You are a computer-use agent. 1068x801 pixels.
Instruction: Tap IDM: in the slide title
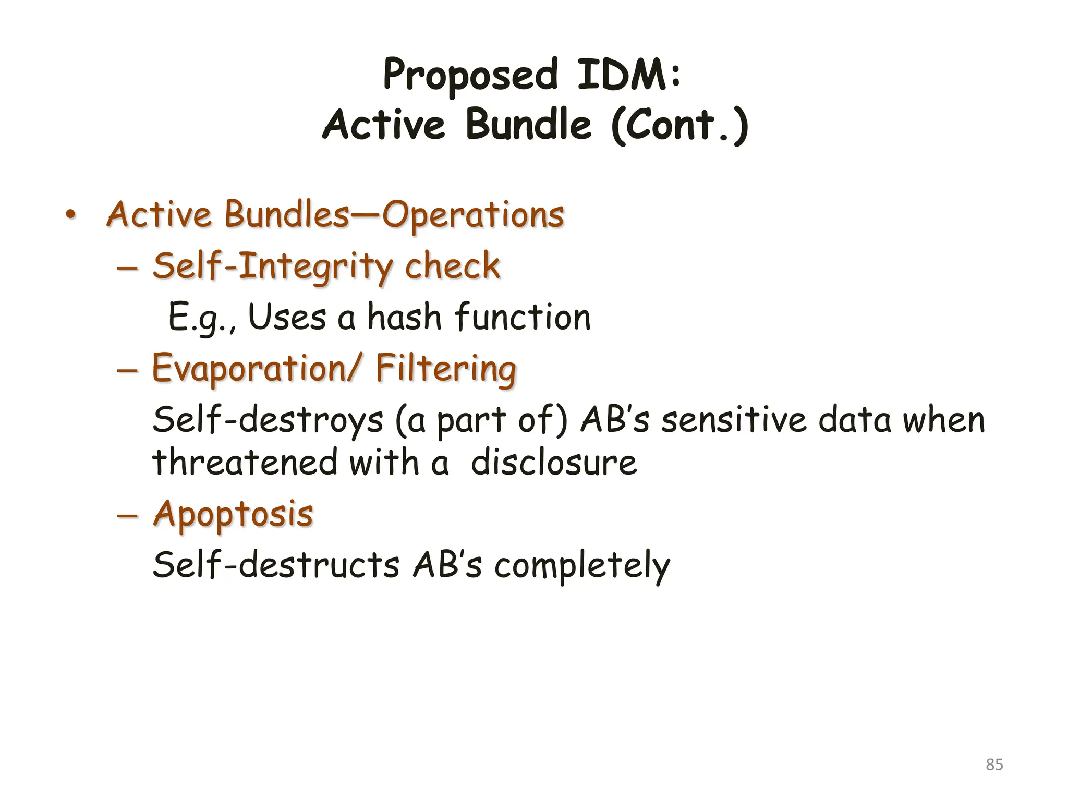tap(628, 74)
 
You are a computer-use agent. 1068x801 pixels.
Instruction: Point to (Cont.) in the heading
tap(680, 125)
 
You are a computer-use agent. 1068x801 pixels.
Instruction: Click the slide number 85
tap(994, 764)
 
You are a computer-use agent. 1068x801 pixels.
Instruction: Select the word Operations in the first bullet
tap(473, 215)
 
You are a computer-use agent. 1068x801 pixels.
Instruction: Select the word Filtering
tap(446, 369)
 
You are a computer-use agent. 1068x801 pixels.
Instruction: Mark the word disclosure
tap(553, 462)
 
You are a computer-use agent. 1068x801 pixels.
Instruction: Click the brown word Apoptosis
tap(233, 514)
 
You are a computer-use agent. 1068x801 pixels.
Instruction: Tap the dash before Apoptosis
tap(127, 514)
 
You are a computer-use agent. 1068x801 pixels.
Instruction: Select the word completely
tap(582, 565)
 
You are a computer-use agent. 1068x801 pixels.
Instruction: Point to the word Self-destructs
tap(276, 564)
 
